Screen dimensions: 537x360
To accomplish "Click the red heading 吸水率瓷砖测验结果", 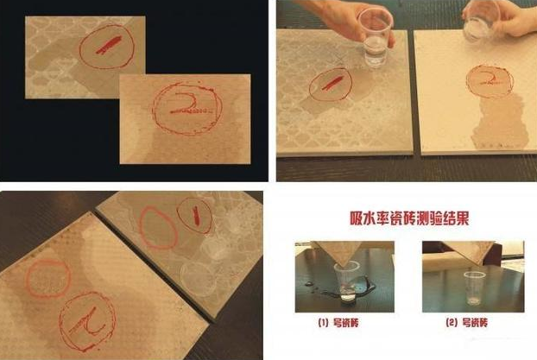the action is [x=409, y=218].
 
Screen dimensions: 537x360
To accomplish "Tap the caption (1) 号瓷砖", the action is [x=338, y=323].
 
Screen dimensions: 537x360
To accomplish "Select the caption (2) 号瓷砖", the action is [x=466, y=323].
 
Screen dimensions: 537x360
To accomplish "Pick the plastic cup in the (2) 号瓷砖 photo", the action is [x=474, y=288].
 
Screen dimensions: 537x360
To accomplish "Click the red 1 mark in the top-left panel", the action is [x=108, y=46].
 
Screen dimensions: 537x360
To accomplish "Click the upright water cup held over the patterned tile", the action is [x=374, y=37].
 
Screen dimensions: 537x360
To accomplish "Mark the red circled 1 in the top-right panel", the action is [x=331, y=84].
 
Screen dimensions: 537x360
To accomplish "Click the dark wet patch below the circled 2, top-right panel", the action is [x=501, y=123].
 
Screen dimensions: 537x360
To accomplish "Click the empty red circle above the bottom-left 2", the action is [x=48, y=279].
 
